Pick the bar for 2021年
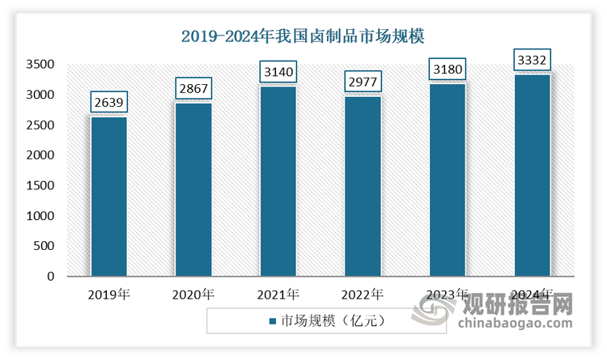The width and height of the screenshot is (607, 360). pos(278,181)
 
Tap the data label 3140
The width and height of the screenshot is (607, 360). pos(278,73)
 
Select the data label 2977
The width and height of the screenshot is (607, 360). pos(363,83)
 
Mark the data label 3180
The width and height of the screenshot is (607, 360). pos(448,70)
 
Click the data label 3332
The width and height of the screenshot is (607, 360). pos(533,61)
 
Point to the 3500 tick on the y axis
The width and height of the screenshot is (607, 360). pos(39,65)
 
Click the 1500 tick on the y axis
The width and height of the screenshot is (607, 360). pos(39,186)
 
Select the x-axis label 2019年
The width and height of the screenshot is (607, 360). pos(108,294)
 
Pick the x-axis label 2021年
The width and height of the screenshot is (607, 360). pos(278,294)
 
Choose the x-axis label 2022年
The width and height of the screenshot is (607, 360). pos(363,294)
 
